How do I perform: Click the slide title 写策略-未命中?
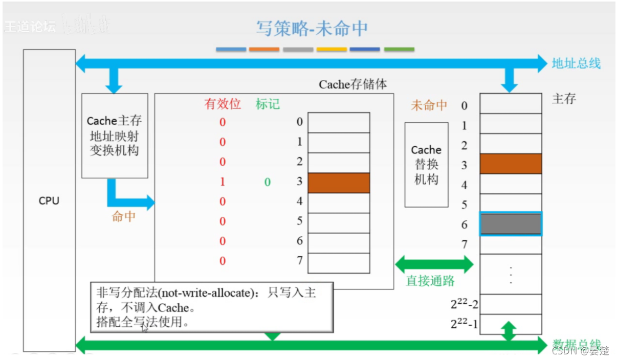coord(312,29)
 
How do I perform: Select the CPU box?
coord(49,200)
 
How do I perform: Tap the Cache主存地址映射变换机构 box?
coord(115,136)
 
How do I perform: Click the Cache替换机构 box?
coord(426,165)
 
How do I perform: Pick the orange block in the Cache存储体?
coord(339,183)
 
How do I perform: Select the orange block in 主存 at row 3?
coord(511,164)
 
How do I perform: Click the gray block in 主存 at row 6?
coord(511,224)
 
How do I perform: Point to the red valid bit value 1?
coord(223,182)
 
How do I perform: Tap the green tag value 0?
coord(268,182)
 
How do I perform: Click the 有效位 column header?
coord(223,104)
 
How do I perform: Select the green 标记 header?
coord(268,104)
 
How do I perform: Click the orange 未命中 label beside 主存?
coord(429,105)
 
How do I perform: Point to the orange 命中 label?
coord(124,216)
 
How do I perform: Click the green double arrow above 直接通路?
coord(434,264)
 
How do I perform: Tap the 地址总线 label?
coord(576,64)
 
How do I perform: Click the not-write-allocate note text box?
coord(212,307)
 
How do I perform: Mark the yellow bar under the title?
coord(332,50)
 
